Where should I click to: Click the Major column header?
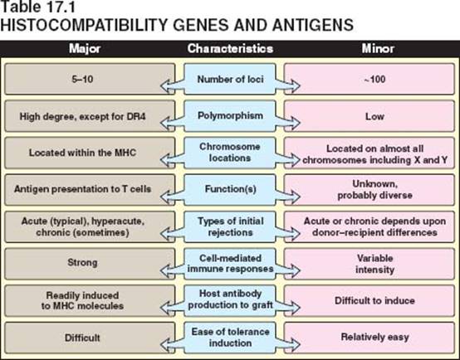(85, 49)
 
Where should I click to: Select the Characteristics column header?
(230, 49)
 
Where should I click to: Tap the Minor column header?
(378, 49)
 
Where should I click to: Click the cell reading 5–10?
(90, 79)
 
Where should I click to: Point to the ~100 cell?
(369, 79)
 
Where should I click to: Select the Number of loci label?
(230, 79)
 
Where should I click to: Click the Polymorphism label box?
(230, 116)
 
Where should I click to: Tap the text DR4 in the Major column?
(136, 116)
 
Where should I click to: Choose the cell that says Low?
(369, 116)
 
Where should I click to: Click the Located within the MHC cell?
(90, 153)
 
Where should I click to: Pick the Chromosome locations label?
(230, 153)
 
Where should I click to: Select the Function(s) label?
(230, 189)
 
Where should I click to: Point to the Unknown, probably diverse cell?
(369, 190)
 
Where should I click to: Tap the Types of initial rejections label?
(230, 226)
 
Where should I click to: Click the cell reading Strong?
(90, 263)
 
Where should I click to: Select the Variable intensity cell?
(369, 264)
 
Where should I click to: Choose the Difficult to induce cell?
(369, 301)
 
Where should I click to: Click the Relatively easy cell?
(369, 338)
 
